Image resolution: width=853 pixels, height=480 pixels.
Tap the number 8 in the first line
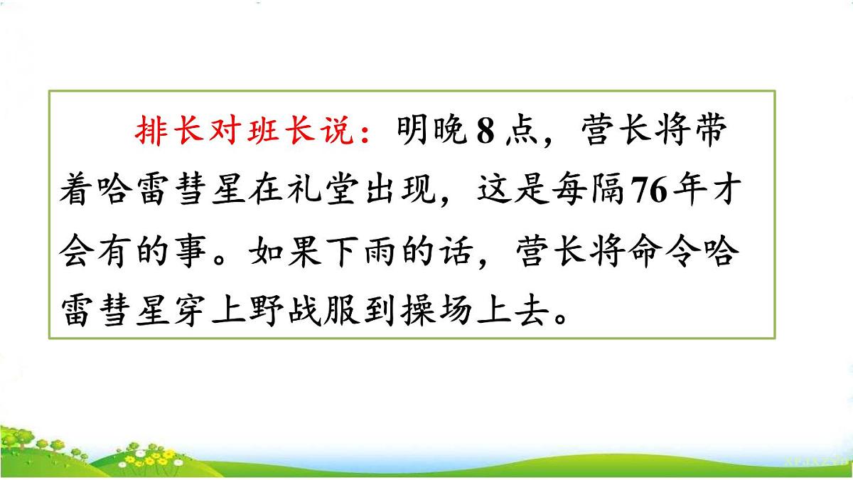pos(485,134)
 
